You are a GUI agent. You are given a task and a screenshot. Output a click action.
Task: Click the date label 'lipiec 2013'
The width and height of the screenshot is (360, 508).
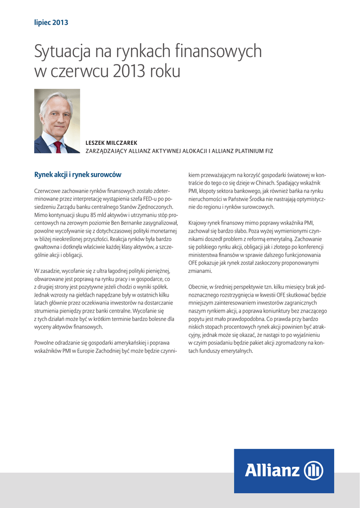[x=51, y=22]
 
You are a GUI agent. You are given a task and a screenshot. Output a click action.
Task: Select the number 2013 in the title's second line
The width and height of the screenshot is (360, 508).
[x=130, y=71]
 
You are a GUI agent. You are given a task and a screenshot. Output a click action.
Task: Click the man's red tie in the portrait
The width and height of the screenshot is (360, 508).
[x=58, y=147]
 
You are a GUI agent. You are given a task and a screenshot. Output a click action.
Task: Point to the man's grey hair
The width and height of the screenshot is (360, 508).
[x=56, y=98]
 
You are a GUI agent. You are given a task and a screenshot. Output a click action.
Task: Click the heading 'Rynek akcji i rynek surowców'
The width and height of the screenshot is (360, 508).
[x=77, y=175]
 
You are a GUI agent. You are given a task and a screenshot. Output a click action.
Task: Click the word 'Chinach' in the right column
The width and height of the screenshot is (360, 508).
[x=251, y=183]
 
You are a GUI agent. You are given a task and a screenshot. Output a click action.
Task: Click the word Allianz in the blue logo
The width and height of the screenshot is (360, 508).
[x=272, y=470]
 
